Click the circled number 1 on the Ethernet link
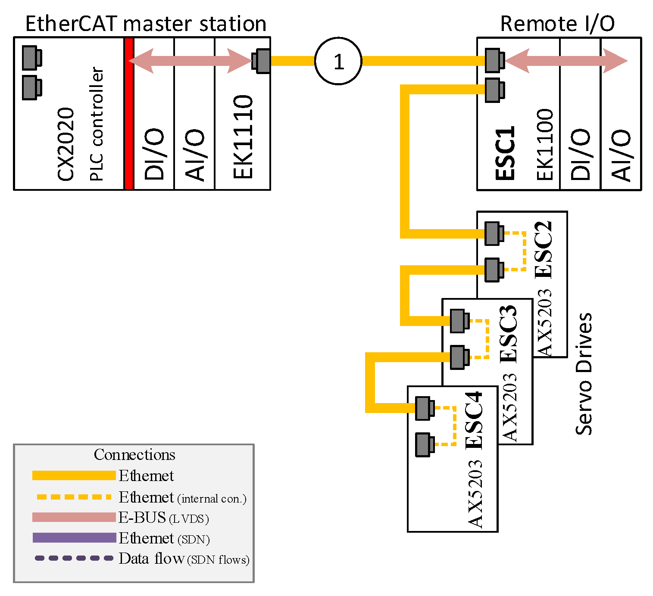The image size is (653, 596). [338, 61]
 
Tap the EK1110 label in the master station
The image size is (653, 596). [243, 137]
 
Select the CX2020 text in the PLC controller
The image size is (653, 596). [66, 144]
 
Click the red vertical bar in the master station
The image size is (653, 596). [128, 114]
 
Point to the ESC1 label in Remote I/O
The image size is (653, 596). [505, 152]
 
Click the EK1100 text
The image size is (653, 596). [545, 144]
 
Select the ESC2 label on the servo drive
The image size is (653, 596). [543, 250]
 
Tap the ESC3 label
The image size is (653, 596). [508, 334]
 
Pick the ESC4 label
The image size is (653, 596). [474, 421]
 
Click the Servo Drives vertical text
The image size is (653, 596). [584, 374]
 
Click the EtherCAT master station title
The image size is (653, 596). [146, 24]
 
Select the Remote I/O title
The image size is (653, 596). [557, 24]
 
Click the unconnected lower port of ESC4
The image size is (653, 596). [423, 444]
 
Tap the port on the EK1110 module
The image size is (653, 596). [262, 61]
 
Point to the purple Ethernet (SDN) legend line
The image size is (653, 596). [74, 537]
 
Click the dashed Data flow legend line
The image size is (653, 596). [74, 558]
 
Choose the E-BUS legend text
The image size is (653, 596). [142, 517]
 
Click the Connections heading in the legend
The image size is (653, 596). [134, 455]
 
